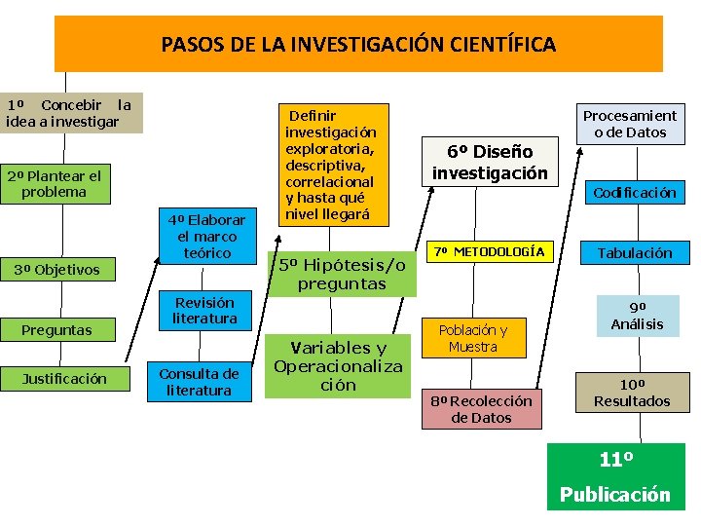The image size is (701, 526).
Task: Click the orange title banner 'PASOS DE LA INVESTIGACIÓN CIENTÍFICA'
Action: tap(358, 44)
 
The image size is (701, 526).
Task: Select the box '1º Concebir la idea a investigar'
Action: tap(71, 113)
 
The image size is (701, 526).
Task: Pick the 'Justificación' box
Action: tap(64, 378)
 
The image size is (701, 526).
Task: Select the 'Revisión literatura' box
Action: tap(204, 311)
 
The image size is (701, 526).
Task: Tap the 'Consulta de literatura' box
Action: tap(199, 382)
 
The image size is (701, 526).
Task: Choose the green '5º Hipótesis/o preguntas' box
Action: tap(342, 274)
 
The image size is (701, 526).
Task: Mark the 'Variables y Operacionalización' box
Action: tap(339, 365)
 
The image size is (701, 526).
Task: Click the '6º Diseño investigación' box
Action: tap(491, 163)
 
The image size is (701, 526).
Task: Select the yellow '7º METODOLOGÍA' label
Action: tap(489, 252)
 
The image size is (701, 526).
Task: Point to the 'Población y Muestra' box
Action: tap(473, 338)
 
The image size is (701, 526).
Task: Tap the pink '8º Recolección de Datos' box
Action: tap(481, 409)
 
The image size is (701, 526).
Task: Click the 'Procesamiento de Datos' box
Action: tap(630, 124)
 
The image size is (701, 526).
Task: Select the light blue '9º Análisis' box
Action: tap(636, 316)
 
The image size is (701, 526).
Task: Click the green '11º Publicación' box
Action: tap(615, 476)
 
